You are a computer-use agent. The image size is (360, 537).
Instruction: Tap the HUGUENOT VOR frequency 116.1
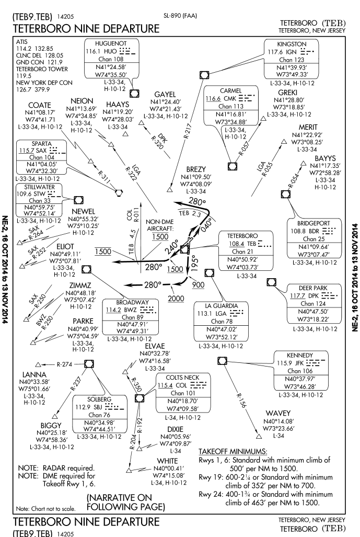point(92,51)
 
